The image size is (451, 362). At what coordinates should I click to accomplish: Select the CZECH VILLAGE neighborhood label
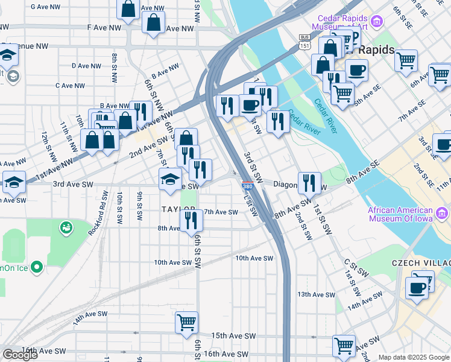(421, 264)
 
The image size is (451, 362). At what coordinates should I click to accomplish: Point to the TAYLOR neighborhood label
(178, 209)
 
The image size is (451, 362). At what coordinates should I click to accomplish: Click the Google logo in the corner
(20, 355)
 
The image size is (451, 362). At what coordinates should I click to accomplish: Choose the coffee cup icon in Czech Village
(415, 287)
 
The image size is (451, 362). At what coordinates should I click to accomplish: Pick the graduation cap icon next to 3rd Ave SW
(171, 179)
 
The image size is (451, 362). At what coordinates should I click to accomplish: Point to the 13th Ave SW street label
(316, 294)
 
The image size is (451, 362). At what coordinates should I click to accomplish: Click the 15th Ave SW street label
(233, 335)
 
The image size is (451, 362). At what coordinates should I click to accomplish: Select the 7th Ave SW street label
(221, 212)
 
